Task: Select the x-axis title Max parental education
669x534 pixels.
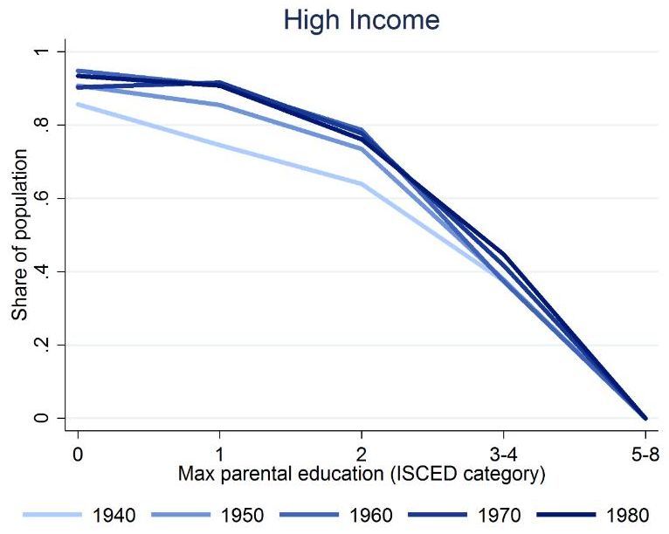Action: pos(362,476)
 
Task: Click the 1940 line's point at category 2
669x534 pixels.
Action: pos(362,184)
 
